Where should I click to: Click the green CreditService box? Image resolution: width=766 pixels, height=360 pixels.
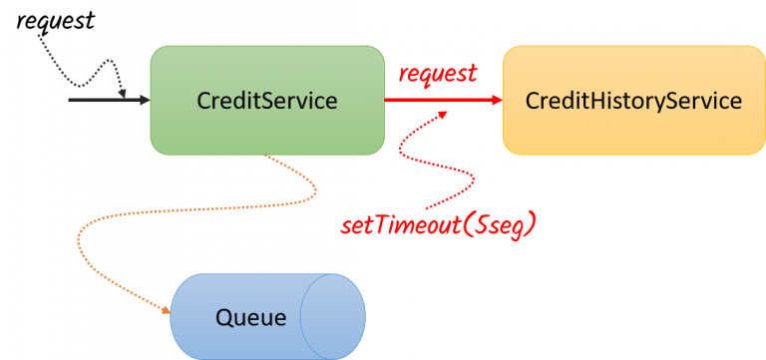coord(266,130)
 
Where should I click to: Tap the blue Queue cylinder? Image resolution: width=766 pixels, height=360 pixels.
coord(249,317)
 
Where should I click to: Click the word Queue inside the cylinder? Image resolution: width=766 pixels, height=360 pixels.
coord(250,318)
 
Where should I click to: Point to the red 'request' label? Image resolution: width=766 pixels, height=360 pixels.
coord(438,74)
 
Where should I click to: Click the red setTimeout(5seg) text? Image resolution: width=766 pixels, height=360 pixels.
coord(438,225)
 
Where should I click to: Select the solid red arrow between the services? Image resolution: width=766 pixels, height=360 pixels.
coord(439,100)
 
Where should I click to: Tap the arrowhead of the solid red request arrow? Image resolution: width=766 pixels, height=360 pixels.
coord(495,100)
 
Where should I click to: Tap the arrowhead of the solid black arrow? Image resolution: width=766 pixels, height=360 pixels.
coord(143,100)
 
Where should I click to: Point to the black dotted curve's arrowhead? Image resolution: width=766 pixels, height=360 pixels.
coord(124,94)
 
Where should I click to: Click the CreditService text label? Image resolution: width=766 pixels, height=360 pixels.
coord(266,101)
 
